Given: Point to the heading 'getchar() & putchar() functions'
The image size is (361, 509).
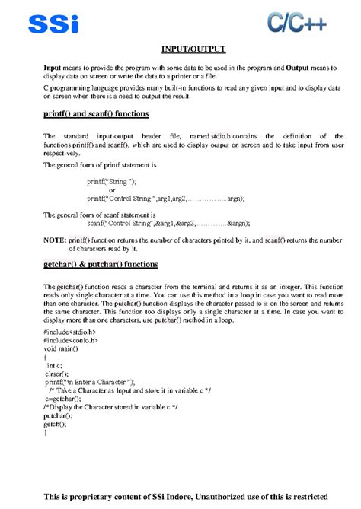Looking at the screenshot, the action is (x=101, y=265).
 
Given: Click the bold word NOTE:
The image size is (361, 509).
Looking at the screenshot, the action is (x=56, y=240).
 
